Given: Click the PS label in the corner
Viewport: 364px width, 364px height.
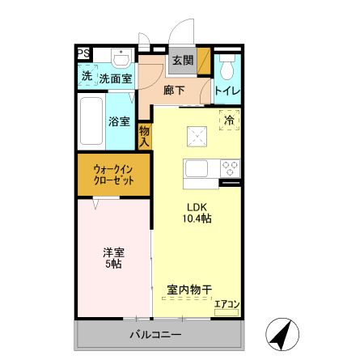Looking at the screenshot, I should pos(83,54).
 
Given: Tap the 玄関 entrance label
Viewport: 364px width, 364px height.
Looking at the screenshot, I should pos(183,60).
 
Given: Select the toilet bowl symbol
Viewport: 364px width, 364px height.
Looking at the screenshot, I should pos(226,66).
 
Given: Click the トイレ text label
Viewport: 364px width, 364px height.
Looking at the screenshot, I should pos(226,91).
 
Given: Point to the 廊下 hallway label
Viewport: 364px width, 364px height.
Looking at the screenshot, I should pos(174,91).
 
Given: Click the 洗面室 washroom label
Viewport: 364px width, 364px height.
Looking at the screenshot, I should pos(116,78).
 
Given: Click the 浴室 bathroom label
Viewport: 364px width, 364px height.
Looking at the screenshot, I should pos(120,122).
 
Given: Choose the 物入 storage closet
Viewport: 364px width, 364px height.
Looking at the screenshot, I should pos(144,135).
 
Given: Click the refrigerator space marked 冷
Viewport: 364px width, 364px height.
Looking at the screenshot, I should pos(229,121).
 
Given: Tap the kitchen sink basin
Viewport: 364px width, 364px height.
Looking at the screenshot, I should pos(197,170).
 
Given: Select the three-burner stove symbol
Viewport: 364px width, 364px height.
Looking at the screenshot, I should pos(229,170).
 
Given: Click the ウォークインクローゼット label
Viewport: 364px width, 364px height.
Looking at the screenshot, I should pos(113,175).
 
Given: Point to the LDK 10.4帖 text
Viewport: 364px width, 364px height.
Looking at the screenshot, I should pos(197,213).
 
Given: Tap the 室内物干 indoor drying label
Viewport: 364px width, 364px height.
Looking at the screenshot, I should pos(189,290).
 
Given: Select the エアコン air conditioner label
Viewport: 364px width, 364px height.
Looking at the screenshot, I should pos(227,305).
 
